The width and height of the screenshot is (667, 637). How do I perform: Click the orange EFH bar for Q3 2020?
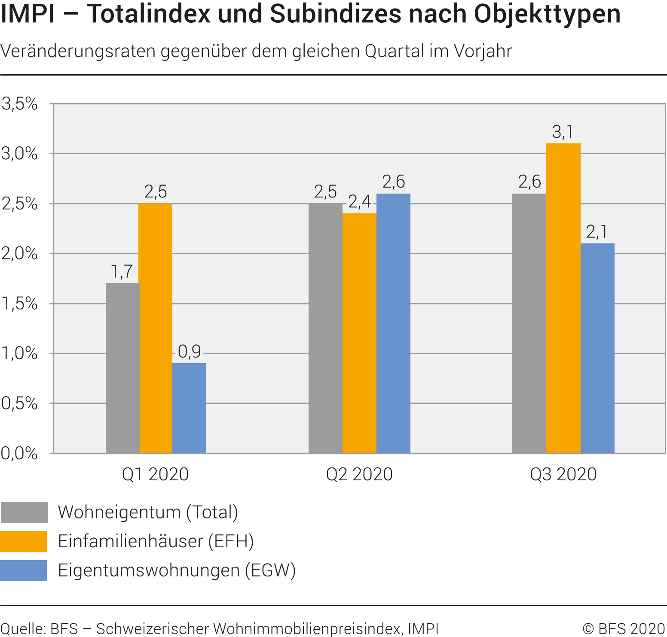tap(563, 298)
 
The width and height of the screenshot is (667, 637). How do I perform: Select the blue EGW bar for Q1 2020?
tap(189, 408)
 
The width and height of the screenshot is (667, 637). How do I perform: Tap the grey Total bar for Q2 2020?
tap(325, 328)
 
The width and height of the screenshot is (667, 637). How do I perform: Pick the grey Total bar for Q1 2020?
tap(122, 368)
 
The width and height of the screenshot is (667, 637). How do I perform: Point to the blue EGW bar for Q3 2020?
tap(597, 348)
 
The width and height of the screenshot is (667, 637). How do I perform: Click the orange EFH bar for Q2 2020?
tap(359, 333)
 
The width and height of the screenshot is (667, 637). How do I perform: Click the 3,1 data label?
tap(563, 132)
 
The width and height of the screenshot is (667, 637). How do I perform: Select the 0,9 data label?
tap(190, 352)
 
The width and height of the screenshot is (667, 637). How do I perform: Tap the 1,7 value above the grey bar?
tap(122, 272)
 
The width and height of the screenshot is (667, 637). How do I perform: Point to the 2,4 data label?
tap(359, 201)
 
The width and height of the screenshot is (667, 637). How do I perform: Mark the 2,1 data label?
tap(597, 232)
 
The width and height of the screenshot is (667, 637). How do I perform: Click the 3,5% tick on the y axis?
tap(19, 103)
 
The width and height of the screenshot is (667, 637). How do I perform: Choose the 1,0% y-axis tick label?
tap(19, 353)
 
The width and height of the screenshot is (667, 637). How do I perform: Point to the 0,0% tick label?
tap(19, 453)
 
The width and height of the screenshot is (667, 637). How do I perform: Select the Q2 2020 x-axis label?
tap(359, 474)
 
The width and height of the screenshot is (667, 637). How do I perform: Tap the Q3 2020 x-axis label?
tap(563, 474)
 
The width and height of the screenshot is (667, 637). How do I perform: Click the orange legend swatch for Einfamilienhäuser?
tap(24, 541)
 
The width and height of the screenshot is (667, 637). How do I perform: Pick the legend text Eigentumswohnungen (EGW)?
tap(177, 570)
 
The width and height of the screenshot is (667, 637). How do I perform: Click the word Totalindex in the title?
tap(149, 14)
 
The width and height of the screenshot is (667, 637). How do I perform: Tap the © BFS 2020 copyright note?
tap(624, 629)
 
